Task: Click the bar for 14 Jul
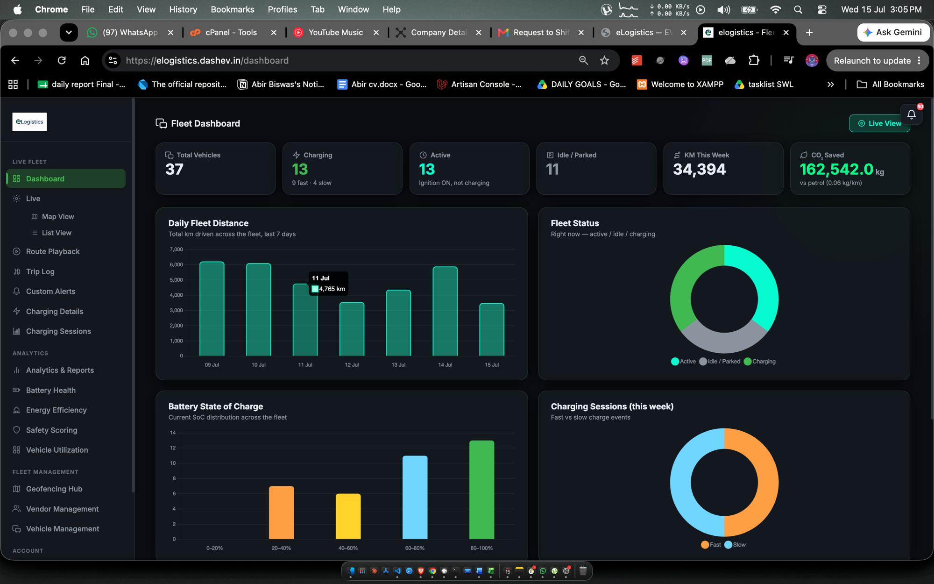[x=445, y=311]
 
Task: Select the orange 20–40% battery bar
[x=281, y=513]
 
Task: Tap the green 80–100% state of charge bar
[x=481, y=490]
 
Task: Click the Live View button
[x=879, y=123]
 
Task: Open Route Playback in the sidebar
[x=53, y=251]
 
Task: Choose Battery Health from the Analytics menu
[x=50, y=390]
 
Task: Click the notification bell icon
[x=911, y=114]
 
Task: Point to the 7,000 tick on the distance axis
[x=176, y=249]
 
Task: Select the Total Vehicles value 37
[x=174, y=169]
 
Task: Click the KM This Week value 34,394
[x=699, y=169]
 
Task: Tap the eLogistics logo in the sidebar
[x=29, y=122]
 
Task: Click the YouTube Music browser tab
[x=335, y=32]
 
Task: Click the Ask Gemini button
[x=893, y=32]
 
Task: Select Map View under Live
[x=58, y=217]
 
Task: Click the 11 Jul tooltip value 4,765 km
[x=332, y=289]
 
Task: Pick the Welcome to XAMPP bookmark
[x=680, y=85]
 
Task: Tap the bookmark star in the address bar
[x=604, y=60]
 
